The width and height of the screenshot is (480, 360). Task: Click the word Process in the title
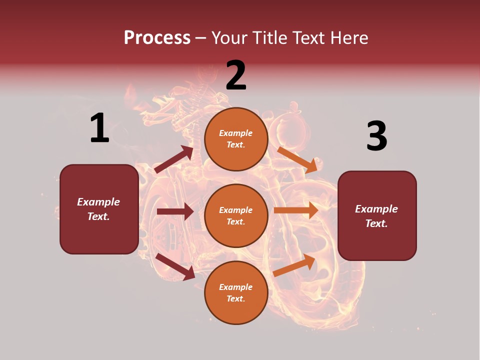[157, 37]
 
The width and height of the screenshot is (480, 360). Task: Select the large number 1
[99, 128]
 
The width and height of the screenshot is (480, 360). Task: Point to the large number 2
[236, 75]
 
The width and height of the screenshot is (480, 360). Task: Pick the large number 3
[376, 136]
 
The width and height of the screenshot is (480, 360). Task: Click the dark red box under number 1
[99, 209]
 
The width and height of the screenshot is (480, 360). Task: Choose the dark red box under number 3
[377, 215]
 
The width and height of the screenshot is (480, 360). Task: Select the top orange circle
[236, 139]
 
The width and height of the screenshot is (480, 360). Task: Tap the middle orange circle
[236, 215]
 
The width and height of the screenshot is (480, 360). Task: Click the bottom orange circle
[236, 292]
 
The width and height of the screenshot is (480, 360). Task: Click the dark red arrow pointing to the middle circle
[175, 211]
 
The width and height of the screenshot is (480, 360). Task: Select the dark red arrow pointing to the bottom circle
[175, 266]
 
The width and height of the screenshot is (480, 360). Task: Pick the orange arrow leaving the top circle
[297, 159]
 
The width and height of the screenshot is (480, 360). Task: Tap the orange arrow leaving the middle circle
[296, 210]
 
